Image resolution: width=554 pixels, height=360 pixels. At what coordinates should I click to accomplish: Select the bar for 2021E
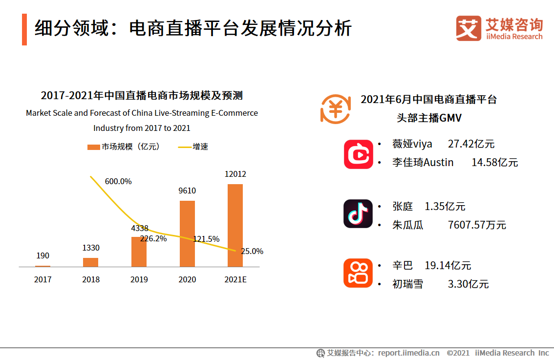235,225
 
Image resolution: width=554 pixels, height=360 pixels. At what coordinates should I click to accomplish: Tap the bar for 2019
139,252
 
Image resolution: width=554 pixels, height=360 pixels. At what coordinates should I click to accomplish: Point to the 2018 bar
90,262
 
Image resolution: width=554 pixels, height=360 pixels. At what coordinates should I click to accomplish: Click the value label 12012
235,174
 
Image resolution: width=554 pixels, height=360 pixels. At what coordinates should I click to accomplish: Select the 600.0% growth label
118,181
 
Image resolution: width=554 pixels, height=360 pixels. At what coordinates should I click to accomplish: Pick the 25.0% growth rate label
252,251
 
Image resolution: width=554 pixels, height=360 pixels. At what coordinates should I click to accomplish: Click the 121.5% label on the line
206,239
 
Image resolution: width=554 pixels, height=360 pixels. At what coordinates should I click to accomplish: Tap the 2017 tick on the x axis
43,279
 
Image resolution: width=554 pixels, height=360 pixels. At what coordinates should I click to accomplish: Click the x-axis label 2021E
235,279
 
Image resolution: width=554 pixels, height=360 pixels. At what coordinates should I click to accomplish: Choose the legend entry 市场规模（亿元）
124,147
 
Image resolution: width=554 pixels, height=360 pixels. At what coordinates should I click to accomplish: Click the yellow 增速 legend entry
193,147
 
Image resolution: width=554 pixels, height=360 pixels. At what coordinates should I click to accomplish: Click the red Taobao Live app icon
358,154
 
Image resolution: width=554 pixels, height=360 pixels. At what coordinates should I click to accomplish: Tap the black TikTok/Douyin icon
358,213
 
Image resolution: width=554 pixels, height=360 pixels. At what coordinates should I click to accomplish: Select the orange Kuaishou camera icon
358,273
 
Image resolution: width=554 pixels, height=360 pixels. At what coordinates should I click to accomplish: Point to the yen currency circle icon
336,108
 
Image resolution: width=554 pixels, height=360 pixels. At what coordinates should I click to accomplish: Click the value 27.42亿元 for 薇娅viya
471,144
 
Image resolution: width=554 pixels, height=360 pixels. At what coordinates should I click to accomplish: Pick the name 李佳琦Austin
423,162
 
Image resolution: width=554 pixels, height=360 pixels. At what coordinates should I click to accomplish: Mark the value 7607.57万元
477,225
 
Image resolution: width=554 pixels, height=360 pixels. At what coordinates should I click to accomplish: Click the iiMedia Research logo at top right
499,29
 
